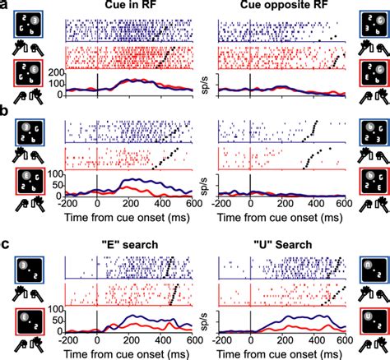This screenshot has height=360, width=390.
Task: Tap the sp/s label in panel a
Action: click(203, 83)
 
